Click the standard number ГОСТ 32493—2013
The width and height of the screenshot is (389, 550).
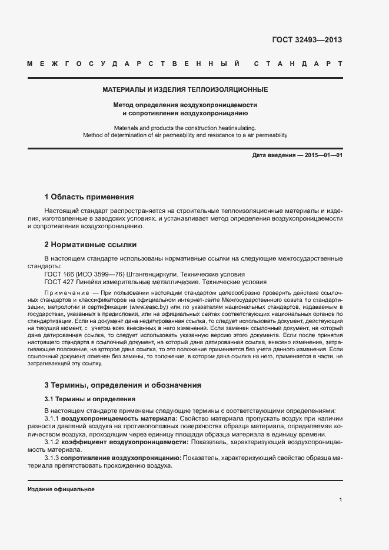(x=307, y=41)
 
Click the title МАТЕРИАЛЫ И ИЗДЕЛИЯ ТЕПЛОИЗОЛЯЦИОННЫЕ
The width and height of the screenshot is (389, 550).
(x=185, y=90)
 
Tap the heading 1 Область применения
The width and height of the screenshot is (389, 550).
(x=89, y=196)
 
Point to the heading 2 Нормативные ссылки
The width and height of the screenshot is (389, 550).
(x=91, y=244)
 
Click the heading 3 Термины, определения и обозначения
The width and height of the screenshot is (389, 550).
(x=123, y=385)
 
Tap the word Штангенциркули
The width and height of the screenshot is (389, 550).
(x=142, y=274)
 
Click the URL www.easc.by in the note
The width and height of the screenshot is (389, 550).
(x=148, y=307)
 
